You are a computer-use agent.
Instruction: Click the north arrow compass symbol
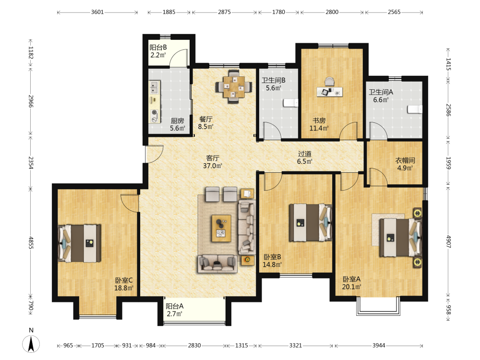click(x=31, y=344)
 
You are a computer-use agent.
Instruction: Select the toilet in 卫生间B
click(x=290, y=103)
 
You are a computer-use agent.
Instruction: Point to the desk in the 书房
click(x=329, y=92)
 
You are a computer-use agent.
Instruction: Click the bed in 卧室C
click(x=80, y=243)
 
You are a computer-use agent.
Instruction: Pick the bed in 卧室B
click(x=311, y=223)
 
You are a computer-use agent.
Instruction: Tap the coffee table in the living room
click(x=221, y=228)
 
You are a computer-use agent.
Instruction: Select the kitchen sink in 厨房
click(x=155, y=87)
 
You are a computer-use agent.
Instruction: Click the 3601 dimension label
click(x=97, y=12)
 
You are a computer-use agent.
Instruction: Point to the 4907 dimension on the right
click(x=448, y=241)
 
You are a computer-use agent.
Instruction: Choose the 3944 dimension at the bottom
click(x=379, y=346)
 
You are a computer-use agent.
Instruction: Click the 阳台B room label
click(x=158, y=48)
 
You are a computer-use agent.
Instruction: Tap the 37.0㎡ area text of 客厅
click(x=213, y=166)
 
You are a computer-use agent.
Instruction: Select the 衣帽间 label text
click(x=405, y=160)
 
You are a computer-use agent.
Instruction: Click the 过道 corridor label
click(x=305, y=154)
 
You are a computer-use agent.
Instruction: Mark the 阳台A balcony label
click(x=175, y=306)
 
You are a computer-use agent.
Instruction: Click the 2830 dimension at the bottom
click(x=194, y=346)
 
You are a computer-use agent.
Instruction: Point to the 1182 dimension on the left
click(x=31, y=52)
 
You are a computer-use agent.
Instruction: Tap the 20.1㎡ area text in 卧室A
click(x=351, y=287)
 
